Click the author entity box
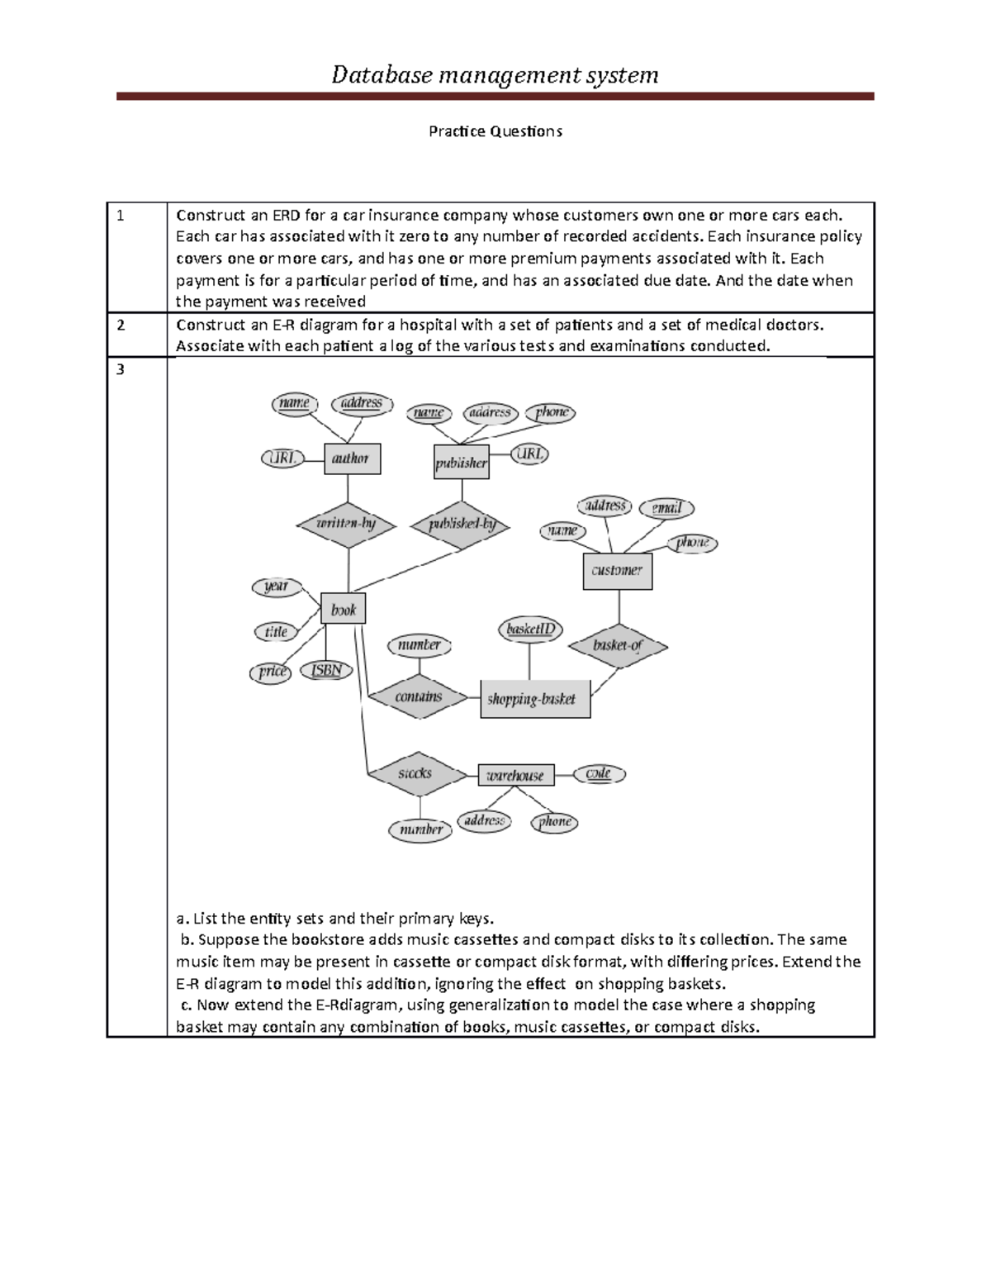coord(352,459)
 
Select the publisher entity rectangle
coord(462,463)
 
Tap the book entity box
coord(343,610)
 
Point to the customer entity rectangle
coord(617,570)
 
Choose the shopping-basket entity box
coord(534,699)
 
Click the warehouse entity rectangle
coord(515,775)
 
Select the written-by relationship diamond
coord(347,524)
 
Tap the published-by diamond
coord(462,524)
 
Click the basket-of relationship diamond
coord(618,645)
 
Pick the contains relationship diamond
coord(419,696)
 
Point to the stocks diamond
coord(415,773)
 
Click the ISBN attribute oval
coord(326,670)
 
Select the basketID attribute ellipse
coord(530,630)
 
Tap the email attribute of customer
coord(666,508)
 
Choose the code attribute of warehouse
coord(599,774)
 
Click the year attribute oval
coord(276,587)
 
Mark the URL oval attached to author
coord(282,458)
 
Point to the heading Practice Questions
coord(495,131)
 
